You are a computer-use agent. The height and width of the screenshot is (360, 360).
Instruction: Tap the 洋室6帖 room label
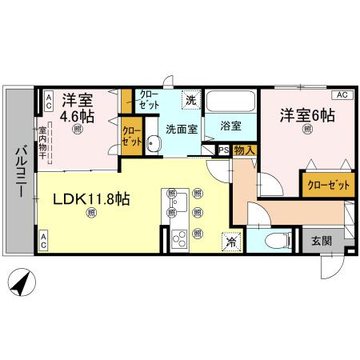[306, 116]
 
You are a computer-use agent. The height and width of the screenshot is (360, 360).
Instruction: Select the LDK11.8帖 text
[91, 200]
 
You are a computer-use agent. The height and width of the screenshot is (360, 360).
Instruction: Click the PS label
[222, 150]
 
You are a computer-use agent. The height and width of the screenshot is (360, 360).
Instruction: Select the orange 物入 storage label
[244, 150]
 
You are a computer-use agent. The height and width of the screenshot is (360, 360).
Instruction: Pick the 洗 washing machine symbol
[190, 101]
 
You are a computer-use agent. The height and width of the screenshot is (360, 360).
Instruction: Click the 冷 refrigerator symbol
[230, 240]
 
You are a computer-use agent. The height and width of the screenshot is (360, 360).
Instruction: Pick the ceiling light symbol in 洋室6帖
[307, 133]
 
